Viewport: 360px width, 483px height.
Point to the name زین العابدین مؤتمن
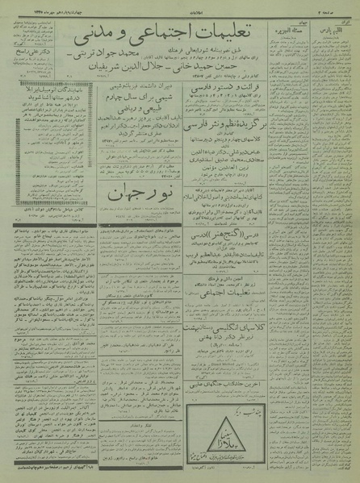[x=268, y=182]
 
